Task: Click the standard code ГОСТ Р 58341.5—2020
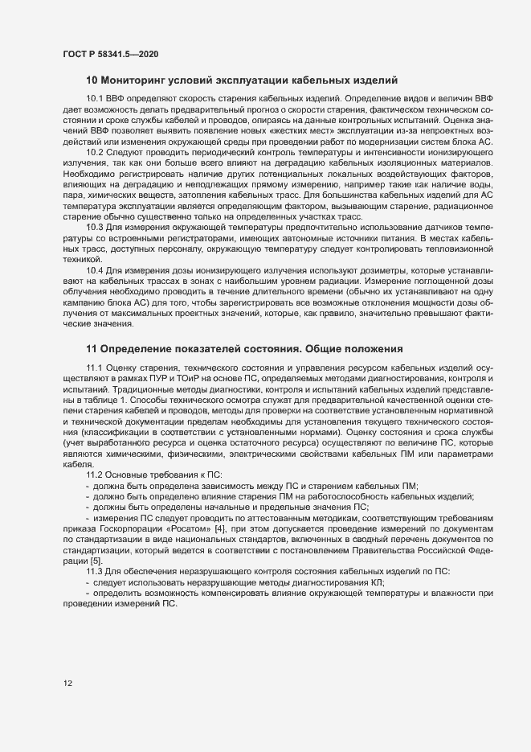tap(110, 53)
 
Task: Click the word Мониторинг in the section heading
tap(132, 80)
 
